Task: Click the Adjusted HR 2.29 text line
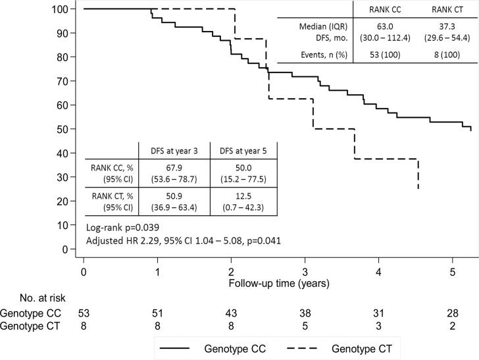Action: click(184, 240)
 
